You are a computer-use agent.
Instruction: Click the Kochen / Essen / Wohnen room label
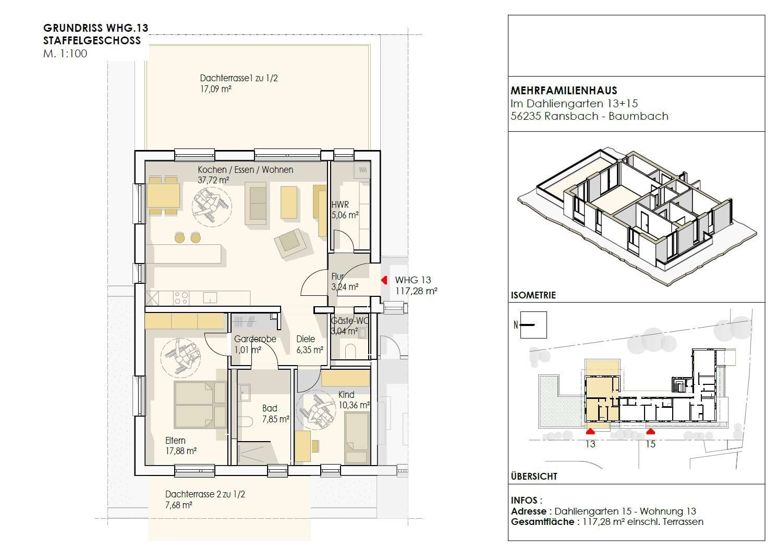245,170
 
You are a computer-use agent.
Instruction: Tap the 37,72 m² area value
213,180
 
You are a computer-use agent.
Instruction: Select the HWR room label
340,205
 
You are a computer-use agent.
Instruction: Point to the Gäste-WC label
349,321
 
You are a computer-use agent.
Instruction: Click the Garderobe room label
255,339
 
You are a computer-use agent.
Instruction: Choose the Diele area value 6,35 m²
310,350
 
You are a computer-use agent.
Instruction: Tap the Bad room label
270,408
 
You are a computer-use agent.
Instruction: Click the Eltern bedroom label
175,441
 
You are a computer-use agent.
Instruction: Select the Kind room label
346,394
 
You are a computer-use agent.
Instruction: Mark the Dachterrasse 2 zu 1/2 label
205,494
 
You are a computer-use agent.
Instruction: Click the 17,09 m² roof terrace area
216,89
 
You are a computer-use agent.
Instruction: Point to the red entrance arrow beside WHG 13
384,280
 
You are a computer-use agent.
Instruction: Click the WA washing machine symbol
362,170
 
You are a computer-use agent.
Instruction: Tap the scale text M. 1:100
65,54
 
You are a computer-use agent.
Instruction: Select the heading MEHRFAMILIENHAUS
564,91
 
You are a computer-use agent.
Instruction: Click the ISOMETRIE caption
533,295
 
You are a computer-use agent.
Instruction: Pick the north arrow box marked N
533,325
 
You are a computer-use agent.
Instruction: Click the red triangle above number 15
650,432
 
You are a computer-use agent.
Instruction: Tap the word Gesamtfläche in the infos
542,521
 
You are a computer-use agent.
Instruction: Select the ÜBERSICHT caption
534,476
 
